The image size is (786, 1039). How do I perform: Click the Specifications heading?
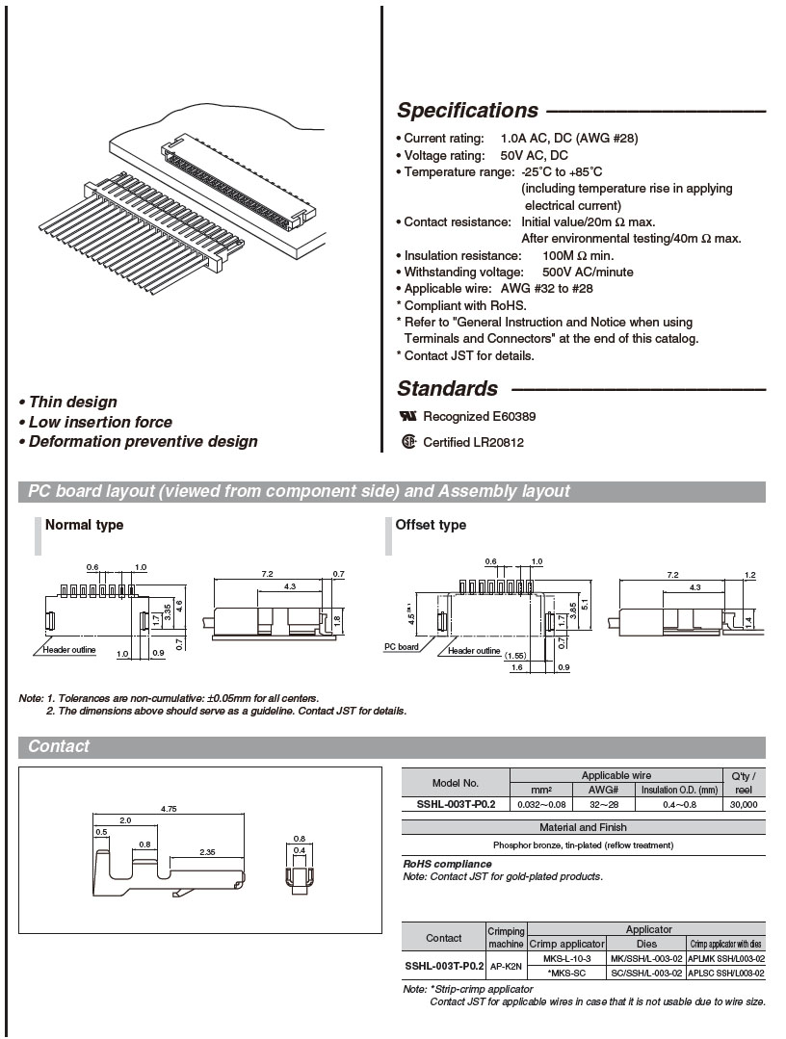(x=467, y=111)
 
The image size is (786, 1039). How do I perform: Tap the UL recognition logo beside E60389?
(x=408, y=417)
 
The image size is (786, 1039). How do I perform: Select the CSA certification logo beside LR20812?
(x=408, y=443)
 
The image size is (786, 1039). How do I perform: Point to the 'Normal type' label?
(x=85, y=525)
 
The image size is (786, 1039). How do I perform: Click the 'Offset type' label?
(x=431, y=525)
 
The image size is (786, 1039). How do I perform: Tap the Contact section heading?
(x=59, y=746)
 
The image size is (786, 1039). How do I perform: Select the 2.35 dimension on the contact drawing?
(x=206, y=851)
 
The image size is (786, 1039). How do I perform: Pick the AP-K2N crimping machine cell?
(x=507, y=966)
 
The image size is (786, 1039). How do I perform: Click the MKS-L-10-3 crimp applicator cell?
(x=567, y=959)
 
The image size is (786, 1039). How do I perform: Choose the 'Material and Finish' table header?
(x=583, y=827)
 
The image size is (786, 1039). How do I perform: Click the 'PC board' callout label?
(x=402, y=647)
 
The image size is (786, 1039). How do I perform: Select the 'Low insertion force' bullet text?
(x=100, y=422)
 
